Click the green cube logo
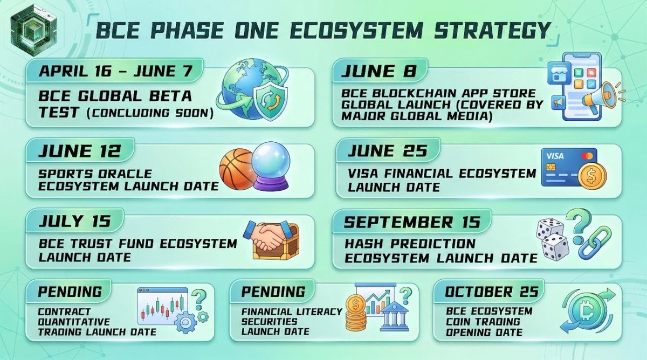click(33, 30)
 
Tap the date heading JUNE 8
click(378, 71)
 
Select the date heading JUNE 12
click(79, 151)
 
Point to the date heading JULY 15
click(75, 221)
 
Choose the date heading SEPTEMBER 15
click(411, 222)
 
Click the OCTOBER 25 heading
click(492, 292)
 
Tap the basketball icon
click(237, 169)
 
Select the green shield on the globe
click(270, 100)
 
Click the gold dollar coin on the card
click(592, 176)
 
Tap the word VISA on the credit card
click(555, 156)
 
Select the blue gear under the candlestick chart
click(186, 322)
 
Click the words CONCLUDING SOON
click(150, 113)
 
